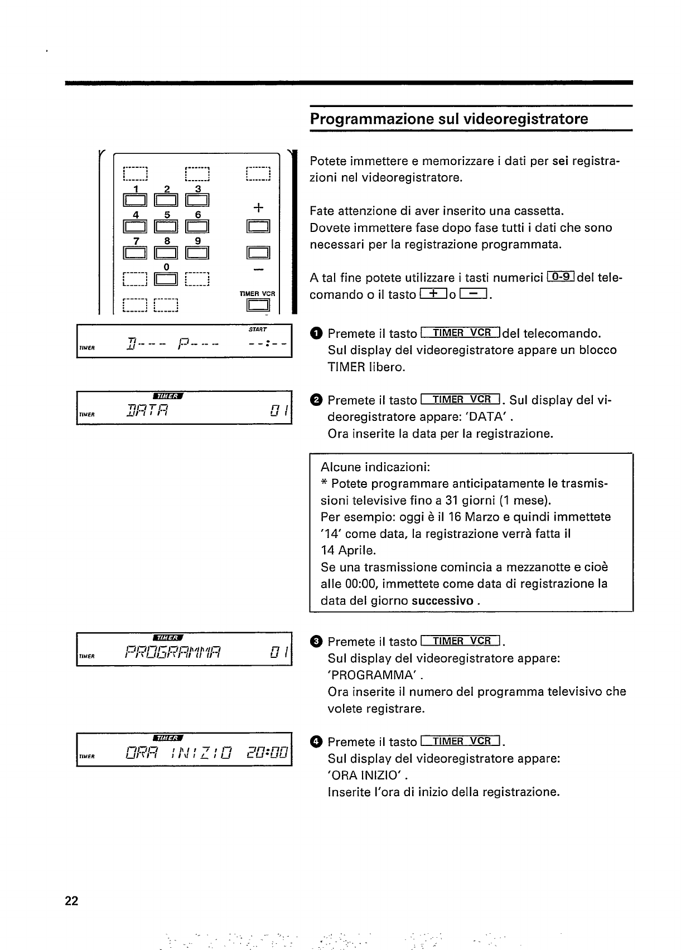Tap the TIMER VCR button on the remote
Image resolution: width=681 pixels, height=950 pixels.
pyautogui.click(x=258, y=305)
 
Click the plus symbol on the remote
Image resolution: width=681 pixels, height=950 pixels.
pyautogui.click(x=258, y=208)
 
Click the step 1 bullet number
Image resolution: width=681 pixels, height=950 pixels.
pyautogui.click(x=316, y=334)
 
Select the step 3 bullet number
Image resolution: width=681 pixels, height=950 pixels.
pyautogui.click(x=316, y=642)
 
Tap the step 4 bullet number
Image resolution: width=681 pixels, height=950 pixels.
pyautogui.click(x=316, y=742)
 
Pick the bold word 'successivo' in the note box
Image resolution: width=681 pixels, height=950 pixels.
pyautogui.click(x=443, y=600)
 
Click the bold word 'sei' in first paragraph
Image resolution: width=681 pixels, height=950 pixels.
pyautogui.click(x=560, y=162)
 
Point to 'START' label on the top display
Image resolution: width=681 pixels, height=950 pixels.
pyautogui.click(x=259, y=329)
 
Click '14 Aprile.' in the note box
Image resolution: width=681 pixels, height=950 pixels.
pyautogui.click(x=349, y=550)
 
